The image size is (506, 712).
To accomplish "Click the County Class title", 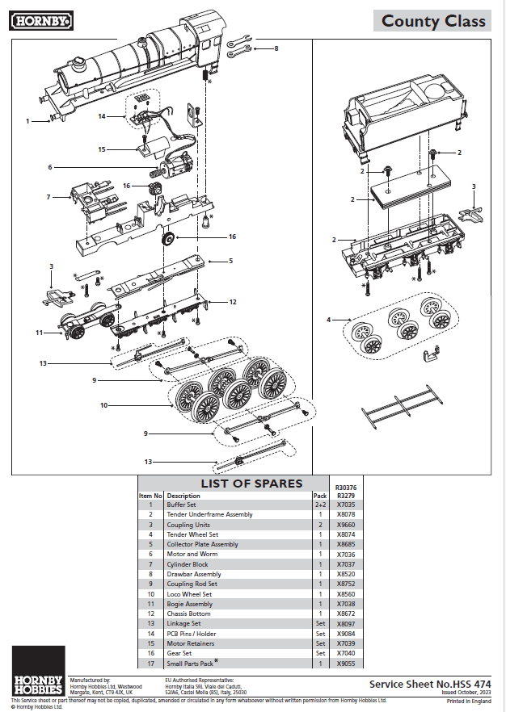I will tap(433, 22).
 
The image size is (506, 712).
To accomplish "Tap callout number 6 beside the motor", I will tap(50, 167).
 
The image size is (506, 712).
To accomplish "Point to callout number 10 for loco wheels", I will tap(103, 405).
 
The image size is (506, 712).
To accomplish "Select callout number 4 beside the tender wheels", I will tap(329, 320).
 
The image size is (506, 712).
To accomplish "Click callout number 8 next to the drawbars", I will tap(276, 48).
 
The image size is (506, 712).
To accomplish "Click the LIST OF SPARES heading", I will tap(251, 484).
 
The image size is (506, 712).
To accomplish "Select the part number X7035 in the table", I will tap(346, 505).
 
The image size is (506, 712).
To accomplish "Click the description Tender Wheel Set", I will tap(192, 534).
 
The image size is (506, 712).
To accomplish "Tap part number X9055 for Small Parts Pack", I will tap(346, 664).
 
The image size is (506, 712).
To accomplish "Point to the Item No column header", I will tap(151, 496).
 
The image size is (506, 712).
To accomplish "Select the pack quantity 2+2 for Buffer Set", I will tap(321, 505).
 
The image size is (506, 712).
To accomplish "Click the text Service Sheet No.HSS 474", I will tap(429, 683).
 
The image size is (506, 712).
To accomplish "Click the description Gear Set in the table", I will tap(179, 654).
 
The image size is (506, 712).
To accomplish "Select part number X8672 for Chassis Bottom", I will tap(346, 614).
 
